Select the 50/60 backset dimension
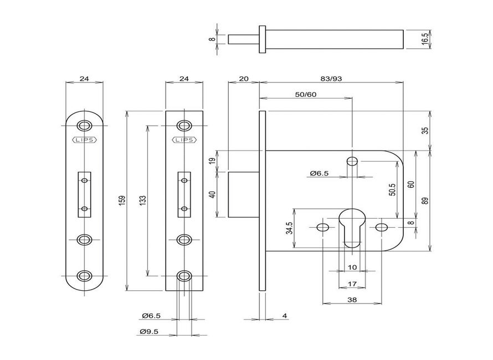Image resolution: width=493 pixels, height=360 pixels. coord(305,95)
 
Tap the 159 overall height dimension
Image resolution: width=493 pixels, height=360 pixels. coord(122,200)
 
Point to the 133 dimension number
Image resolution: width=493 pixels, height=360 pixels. coord(142,200)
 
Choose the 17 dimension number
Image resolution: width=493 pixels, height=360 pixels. coord(351,284)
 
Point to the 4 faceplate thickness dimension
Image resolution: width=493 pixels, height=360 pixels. coord(284,316)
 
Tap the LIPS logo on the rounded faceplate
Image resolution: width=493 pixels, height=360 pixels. coord(84,140)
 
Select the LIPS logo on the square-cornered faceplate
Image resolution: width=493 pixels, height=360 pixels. coord(185,140)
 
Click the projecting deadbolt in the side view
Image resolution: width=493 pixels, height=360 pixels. coord(244,195)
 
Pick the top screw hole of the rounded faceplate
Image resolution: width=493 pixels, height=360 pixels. coord(84,125)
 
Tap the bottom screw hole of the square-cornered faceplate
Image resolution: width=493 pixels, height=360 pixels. coord(185,275)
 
